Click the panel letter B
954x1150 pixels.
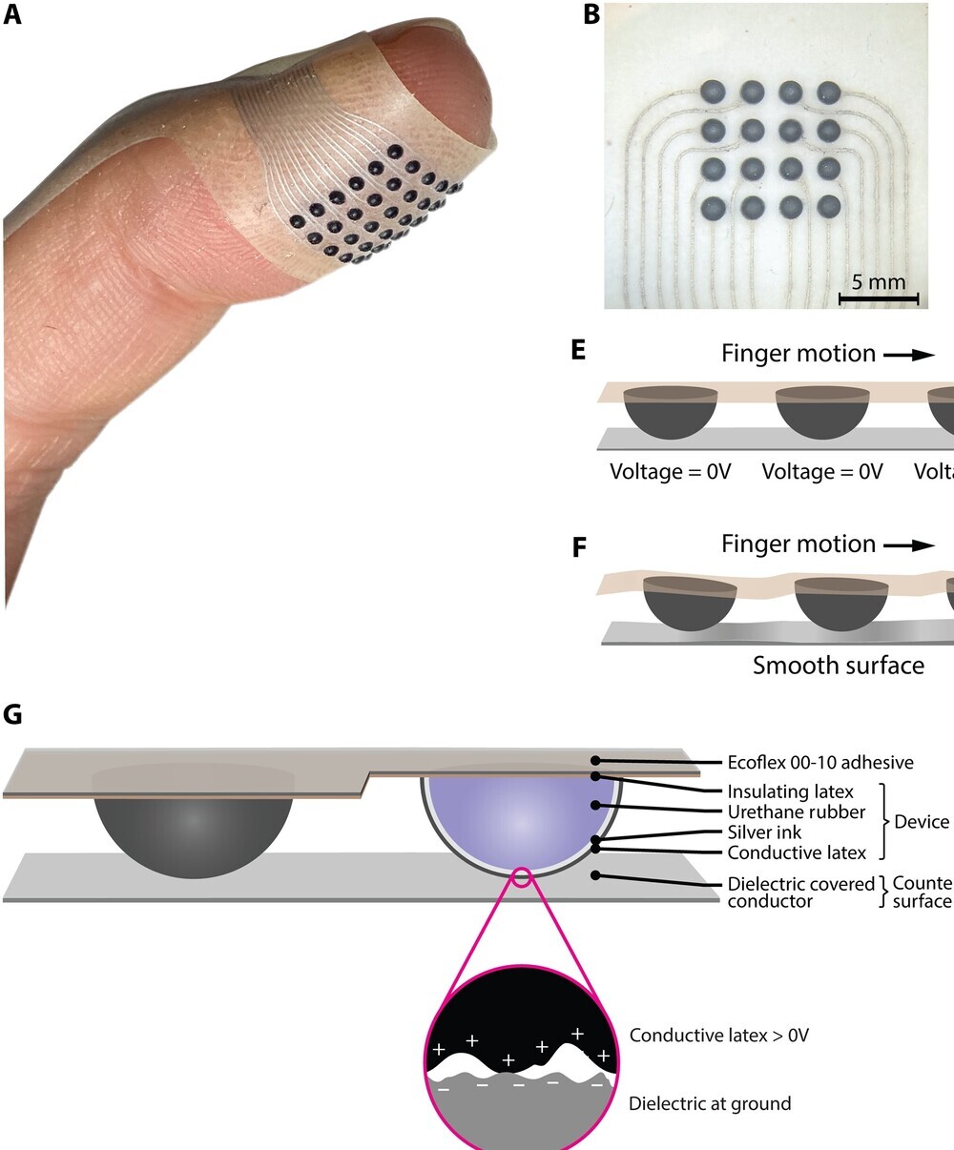[591, 15]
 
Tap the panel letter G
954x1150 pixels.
[13, 715]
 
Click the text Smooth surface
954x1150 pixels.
[838, 665]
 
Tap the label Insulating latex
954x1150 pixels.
[790, 791]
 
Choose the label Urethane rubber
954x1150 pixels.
[796, 811]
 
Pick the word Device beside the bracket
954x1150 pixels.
[922, 821]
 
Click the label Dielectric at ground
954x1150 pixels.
[710, 1103]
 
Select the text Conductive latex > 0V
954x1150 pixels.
[718, 1035]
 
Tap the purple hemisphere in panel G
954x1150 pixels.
[520, 820]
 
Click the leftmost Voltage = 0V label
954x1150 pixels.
[670, 471]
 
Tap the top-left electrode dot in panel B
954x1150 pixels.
[715, 92]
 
